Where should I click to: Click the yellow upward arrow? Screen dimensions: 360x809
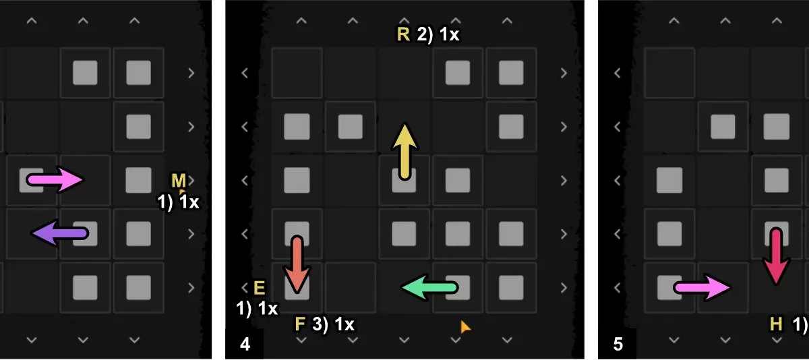tap(404, 152)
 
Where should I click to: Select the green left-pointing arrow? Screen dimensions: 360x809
tap(429, 288)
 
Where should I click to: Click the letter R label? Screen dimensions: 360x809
tap(403, 35)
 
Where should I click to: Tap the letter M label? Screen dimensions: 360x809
tap(178, 180)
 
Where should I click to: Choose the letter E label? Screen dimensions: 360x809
tap(260, 289)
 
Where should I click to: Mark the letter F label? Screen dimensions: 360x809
tap(301, 324)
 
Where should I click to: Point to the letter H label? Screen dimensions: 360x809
tap(777, 324)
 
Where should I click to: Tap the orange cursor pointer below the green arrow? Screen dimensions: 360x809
tap(465, 327)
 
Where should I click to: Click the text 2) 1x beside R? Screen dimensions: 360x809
tap(438, 35)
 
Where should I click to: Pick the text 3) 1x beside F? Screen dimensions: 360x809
tap(334, 324)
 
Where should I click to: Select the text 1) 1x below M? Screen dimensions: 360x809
tap(178, 202)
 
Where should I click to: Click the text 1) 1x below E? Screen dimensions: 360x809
tap(257, 309)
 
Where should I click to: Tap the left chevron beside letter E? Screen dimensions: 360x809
tap(245, 289)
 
